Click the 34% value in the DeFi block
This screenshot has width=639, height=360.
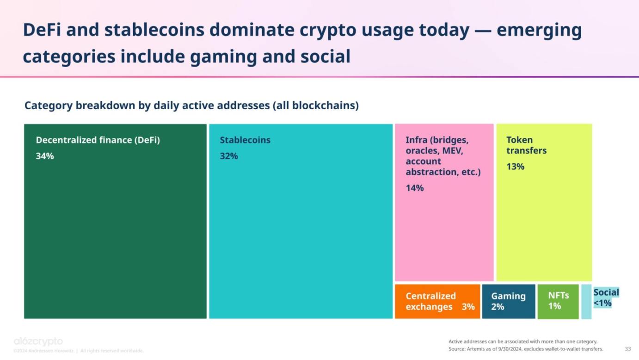coord(45,156)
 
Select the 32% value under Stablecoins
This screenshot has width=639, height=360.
coord(229,156)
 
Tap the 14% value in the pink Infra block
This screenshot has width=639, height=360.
coord(415,188)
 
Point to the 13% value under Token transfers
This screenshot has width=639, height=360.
coord(515,167)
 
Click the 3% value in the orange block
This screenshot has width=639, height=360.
coord(468,307)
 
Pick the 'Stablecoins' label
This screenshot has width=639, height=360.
coord(245,140)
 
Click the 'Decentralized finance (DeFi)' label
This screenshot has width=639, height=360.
coord(98,140)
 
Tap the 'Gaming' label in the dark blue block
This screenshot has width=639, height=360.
coord(508,296)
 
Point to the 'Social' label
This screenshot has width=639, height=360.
coord(606,292)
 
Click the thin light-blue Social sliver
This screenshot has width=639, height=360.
coord(586,302)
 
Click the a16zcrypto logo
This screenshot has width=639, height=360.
coord(38,341)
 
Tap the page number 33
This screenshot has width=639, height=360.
coord(627,349)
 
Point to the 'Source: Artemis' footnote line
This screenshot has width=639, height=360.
coord(525,349)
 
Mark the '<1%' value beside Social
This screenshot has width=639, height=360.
coord(602,304)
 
